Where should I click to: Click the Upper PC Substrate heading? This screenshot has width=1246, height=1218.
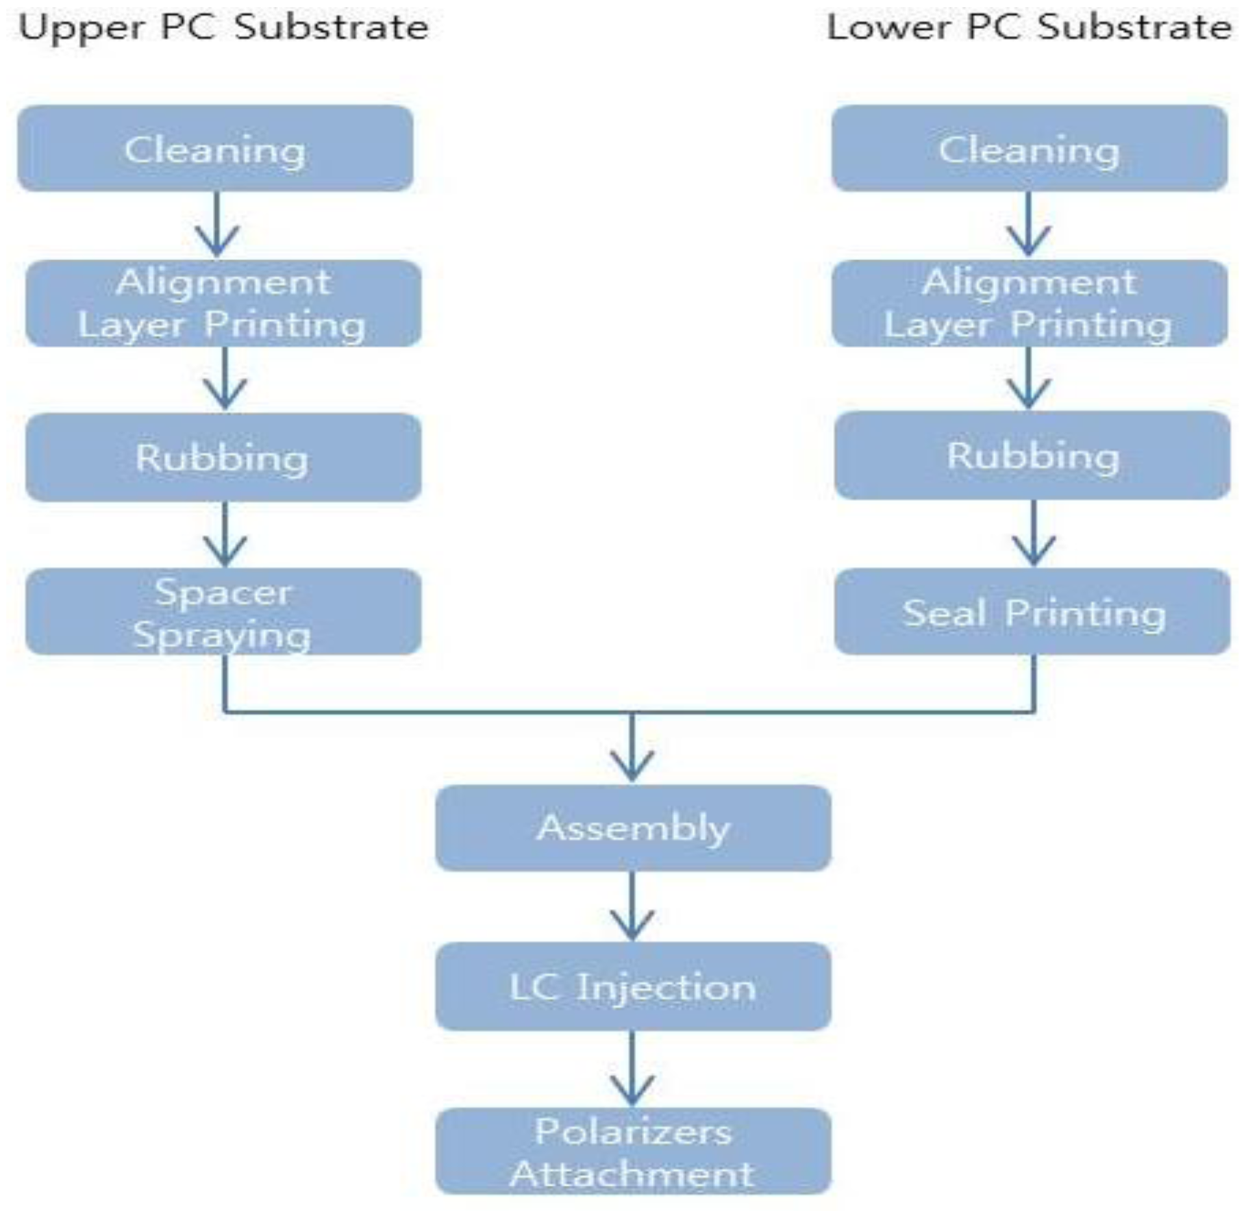[223, 28]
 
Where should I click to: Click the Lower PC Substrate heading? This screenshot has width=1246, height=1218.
[1029, 28]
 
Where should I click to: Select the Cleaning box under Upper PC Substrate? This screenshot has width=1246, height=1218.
[215, 149]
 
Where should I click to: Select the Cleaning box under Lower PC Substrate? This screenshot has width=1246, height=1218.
[1029, 149]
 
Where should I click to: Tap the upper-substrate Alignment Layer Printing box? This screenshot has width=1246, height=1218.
[223, 303]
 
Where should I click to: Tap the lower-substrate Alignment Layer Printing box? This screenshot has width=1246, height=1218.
[1029, 303]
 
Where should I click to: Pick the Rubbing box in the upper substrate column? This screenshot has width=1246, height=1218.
[223, 457]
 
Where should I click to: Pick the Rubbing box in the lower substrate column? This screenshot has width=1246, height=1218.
[1032, 456]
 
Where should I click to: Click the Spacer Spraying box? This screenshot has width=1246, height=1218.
[223, 612]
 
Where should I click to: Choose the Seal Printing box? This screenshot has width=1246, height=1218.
[1032, 612]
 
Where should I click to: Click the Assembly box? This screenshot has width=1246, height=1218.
[633, 828]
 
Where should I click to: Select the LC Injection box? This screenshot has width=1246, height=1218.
[633, 986]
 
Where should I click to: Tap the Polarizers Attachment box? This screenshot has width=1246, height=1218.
[633, 1152]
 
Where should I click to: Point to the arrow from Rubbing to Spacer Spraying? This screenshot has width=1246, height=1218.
[225, 534]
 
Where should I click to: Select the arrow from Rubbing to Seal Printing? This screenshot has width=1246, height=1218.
[1033, 533]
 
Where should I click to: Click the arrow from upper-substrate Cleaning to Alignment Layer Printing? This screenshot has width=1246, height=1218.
[217, 225]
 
